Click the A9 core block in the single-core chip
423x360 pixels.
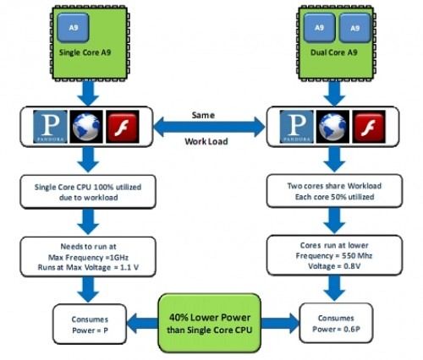(x=74, y=28)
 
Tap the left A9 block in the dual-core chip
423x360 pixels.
(x=319, y=28)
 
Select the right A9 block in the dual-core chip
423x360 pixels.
(x=354, y=28)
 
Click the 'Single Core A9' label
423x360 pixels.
(x=85, y=52)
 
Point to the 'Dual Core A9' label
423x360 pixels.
(x=334, y=52)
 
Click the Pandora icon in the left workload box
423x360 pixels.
(x=50, y=127)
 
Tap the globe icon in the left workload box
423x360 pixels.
(x=86, y=127)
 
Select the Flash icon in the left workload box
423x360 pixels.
(x=123, y=127)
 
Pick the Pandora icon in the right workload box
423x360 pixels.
(x=297, y=127)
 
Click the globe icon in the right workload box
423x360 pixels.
(x=332, y=127)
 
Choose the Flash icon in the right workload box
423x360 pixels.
(x=369, y=127)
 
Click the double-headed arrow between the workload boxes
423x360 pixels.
(x=210, y=127)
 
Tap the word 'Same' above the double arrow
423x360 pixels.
(x=203, y=115)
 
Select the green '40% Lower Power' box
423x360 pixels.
(x=210, y=323)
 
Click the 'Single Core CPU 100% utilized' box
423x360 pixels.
(x=88, y=192)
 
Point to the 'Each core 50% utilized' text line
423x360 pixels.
(x=334, y=197)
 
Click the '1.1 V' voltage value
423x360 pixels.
(x=129, y=267)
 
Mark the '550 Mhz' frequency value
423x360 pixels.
(x=357, y=256)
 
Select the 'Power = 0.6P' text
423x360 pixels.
(x=336, y=330)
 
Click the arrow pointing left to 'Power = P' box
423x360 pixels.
(x=142, y=323)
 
